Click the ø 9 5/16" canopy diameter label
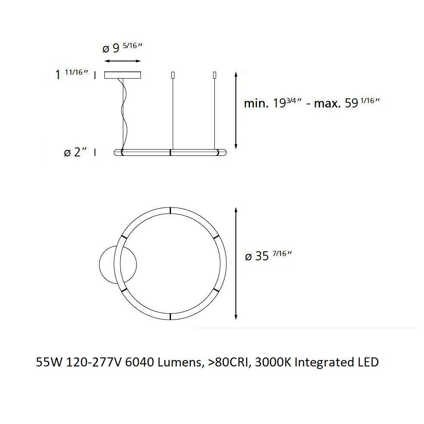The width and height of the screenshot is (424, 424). [x=122, y=48]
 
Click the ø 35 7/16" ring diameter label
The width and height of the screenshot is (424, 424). [x=268, y=256]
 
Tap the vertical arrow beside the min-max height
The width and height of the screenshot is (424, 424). [x=235, y=110]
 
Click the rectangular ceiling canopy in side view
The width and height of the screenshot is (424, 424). [x=123, y=75]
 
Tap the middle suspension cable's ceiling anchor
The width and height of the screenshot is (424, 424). [x=172, y=75]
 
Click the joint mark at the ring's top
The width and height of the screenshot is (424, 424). [x=170, y=210]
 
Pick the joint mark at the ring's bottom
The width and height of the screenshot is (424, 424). [x=170, y=317]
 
